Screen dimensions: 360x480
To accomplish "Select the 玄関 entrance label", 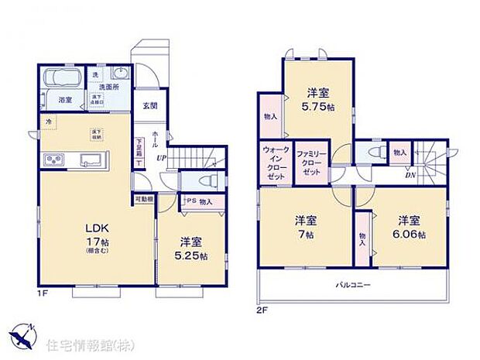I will click(x=149, y=105).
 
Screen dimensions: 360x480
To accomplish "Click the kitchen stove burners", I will click(x=55, y=160).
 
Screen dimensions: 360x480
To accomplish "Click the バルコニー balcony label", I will click(x=355, y=285).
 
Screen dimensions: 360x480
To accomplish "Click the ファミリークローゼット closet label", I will click(x=310, y=162).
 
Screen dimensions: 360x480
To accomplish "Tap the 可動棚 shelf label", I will click(x=144, y=199).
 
